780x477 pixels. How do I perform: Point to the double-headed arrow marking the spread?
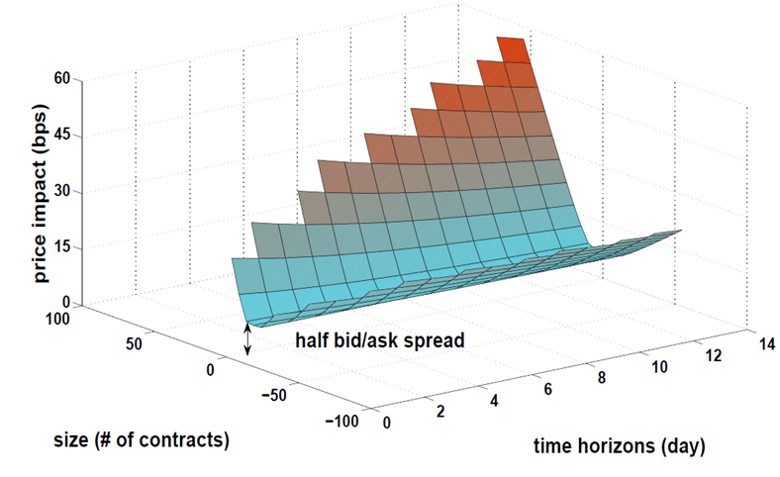pyautogui.click(x=247, y=338)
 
